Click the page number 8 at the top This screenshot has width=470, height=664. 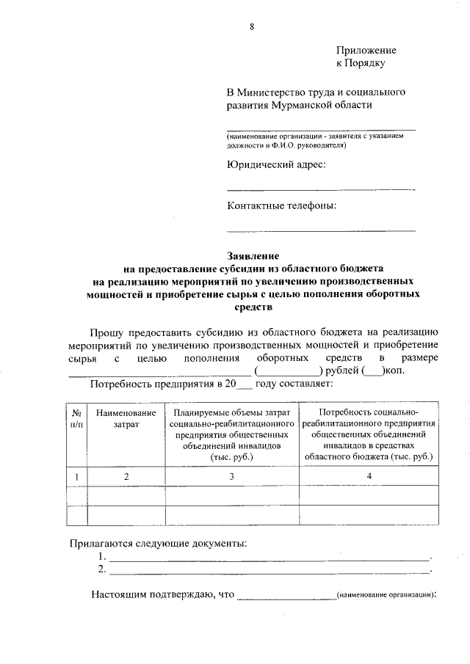coord(251,27)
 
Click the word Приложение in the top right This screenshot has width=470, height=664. coord(366,50)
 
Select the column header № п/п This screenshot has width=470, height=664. coord(76,418)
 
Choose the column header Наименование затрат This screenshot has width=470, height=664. coord(126,418)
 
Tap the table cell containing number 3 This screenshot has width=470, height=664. coord(232,477)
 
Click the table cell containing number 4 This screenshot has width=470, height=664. coord(369,477)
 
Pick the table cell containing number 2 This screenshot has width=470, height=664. coord(126,477)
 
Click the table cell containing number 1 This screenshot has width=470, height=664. coord(76,477)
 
